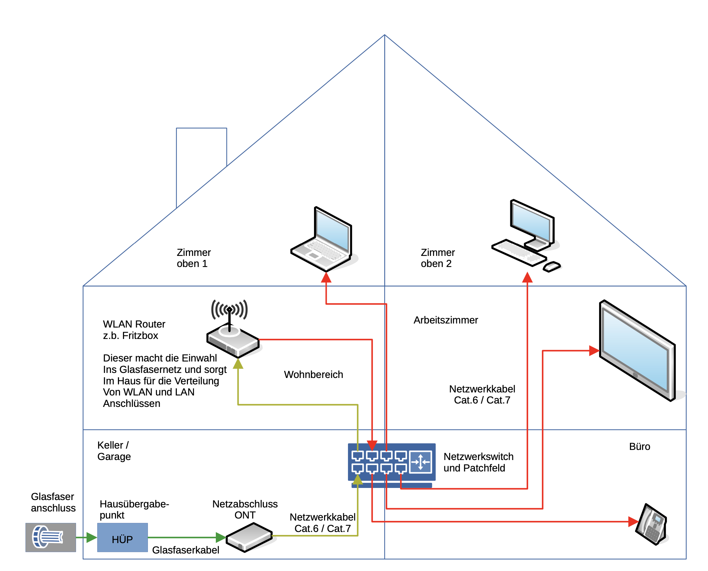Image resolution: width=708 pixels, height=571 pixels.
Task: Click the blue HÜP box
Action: pos(122,537)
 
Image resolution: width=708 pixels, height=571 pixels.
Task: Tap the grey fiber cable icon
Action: pos(50,537)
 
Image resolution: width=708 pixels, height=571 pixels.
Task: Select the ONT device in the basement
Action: pos(249,537)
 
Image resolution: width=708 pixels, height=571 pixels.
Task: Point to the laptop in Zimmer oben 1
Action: pos(323,241)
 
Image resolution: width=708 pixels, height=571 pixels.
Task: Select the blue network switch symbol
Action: pos(391,462)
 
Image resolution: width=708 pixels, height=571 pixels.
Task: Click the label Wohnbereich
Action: pos(313,375)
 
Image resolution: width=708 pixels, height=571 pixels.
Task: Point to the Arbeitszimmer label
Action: pos(445,320)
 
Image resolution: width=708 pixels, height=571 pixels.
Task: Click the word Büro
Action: pos(639,447)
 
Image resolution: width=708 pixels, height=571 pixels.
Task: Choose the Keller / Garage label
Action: pos(114,451)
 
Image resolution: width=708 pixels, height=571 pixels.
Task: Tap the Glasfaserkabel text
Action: pos(186,550)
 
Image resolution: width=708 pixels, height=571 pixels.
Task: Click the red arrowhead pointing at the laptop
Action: pos(326,277)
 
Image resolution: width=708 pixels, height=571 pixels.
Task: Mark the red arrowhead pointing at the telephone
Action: pos(633,522)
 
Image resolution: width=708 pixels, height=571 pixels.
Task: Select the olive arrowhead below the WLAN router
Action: pos(238,364)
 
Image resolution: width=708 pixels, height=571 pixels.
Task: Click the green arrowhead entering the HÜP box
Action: pos(91,537)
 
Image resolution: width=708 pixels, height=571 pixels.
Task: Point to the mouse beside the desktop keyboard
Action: pos(552,267)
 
